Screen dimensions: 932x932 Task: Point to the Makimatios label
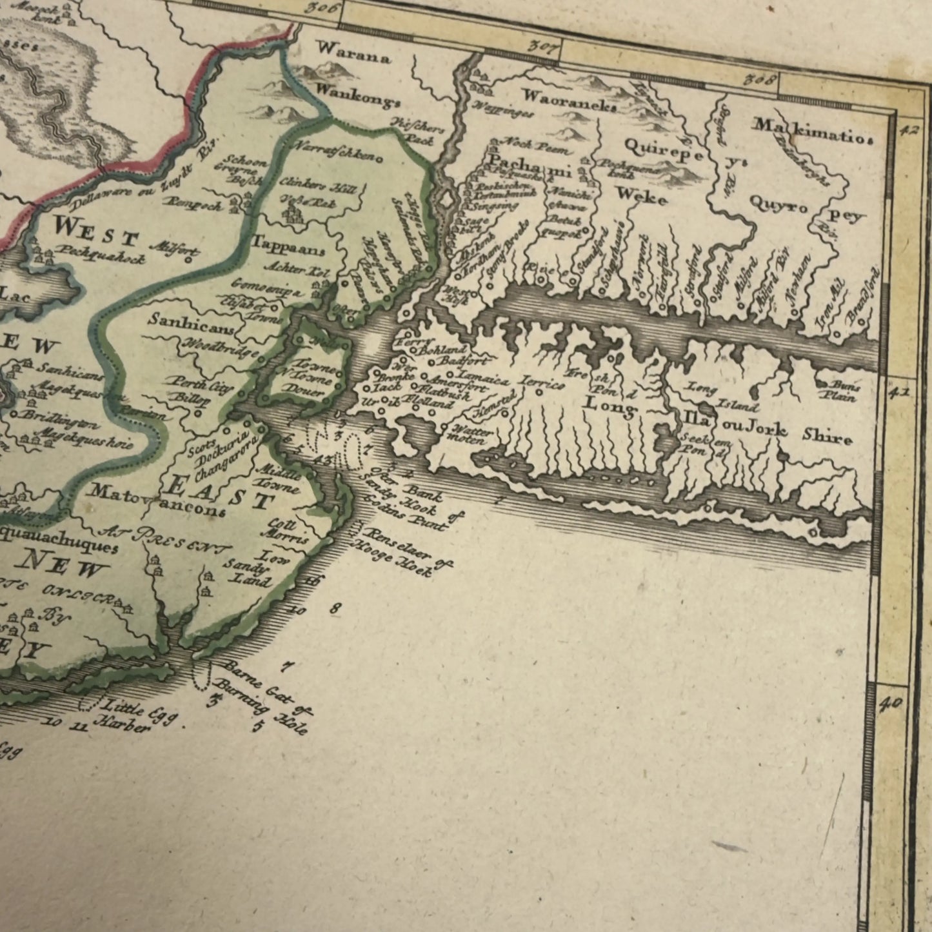pyautogui.click(x=813, y=131)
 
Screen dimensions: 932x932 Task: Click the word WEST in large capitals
pyautogui.click(x=95, y=233)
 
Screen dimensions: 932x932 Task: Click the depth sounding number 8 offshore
pyautogui.click(x=334, y=608)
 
